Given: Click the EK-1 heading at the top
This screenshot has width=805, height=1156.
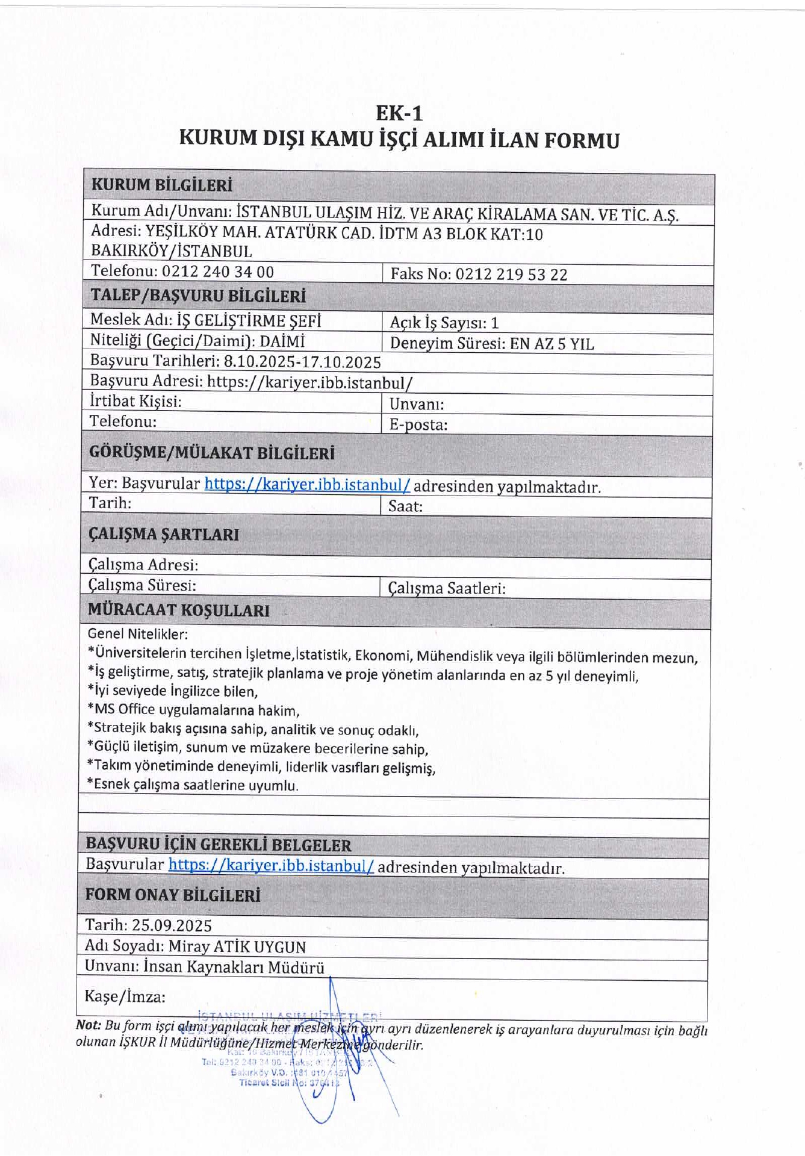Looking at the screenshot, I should pos(399,113).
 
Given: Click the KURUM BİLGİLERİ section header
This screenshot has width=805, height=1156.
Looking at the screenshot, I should pos(161,185).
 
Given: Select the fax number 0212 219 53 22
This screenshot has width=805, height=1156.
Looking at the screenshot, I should pos(511,275).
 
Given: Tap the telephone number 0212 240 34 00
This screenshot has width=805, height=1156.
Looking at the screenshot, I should pos(218,272).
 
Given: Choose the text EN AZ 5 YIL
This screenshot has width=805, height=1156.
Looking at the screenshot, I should pos(552,344).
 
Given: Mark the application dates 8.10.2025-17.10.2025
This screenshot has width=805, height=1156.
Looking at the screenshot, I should pos(302,362).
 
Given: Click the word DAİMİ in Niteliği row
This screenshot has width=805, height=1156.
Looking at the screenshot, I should pos(282,341).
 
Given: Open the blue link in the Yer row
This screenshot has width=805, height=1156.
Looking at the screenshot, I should pos(307,484).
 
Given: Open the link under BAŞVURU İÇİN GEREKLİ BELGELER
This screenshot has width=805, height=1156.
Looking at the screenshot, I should pos(271,865).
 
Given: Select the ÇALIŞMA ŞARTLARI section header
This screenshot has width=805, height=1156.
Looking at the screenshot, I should pos(164,534).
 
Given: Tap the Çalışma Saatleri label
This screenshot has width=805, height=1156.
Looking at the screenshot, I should pos(447,588).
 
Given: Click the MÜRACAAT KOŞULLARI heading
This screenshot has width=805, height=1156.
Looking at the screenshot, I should pos(179,610).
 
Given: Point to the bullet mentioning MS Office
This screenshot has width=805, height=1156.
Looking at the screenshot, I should pos(194,710).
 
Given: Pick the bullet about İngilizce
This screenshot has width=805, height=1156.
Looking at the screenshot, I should pos(173,691).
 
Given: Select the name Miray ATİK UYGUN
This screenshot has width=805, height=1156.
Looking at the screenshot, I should pos(237,946).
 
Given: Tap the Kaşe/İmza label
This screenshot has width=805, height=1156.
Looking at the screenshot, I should pos(125,996).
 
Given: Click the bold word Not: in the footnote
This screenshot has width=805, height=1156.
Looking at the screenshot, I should pos(88,1025).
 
